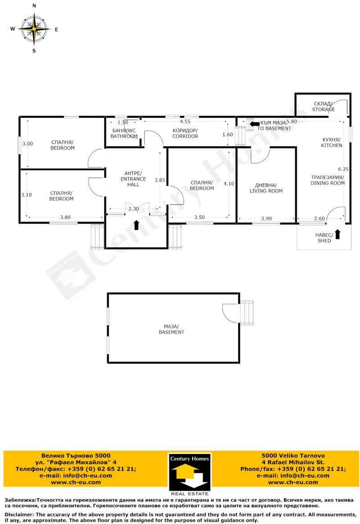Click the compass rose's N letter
coord(35,6)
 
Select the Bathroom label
coord(124,133)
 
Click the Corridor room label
coord(185,133)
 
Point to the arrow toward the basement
coord(254,124)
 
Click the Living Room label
coord(266,188)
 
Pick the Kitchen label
coord(332,142)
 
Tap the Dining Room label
coord(327,180)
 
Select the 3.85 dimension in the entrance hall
coord(159,180)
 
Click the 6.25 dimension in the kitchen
coord(343,169)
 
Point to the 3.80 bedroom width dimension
coord(65,217)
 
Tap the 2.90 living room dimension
coord(266,218)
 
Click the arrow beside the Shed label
coord(337,234)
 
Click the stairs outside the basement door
coord(247,312)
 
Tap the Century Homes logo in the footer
coord(189,472)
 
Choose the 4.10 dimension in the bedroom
coord(229,184)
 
